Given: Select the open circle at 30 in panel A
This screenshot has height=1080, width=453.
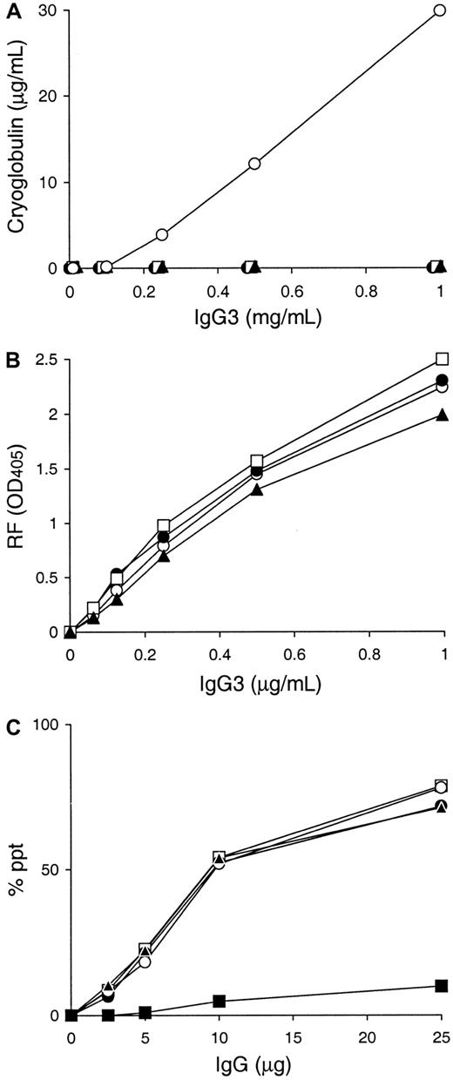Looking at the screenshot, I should point(442,10).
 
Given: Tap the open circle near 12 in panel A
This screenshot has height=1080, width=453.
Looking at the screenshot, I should point(254,164).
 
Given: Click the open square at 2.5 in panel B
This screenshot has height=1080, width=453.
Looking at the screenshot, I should point(442,359).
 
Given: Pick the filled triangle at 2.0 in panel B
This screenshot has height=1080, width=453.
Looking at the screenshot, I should point(442,415).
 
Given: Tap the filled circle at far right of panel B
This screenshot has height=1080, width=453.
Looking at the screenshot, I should point(442,380).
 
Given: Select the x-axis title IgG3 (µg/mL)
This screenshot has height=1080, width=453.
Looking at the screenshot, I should point(255,685).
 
